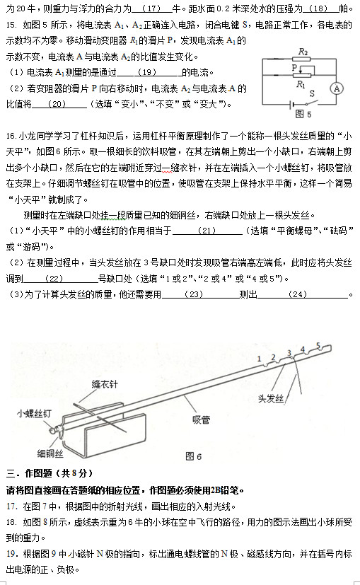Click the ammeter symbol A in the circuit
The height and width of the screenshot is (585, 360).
point(337,88)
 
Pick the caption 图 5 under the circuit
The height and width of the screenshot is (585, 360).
point(302,113)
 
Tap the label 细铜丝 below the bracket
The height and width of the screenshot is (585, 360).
point(50,452)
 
